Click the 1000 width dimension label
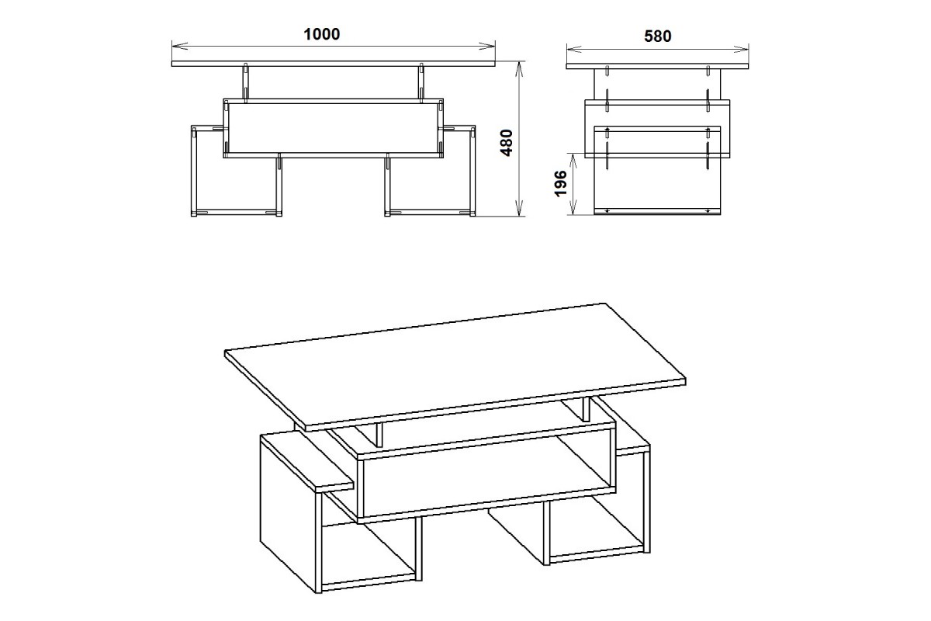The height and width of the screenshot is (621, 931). [322, 34]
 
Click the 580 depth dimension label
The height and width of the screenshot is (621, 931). [658, 36]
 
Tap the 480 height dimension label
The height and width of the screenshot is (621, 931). [507, 143]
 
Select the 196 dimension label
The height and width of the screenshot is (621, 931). [561, 183]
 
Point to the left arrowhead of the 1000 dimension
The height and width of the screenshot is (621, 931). [179, 46]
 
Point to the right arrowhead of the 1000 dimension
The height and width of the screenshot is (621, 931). [487, 46]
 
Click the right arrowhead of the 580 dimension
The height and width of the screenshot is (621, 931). [741, 50]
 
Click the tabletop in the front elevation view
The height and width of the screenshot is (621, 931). [334, 64]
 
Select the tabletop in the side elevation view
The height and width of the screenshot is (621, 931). [657, 67]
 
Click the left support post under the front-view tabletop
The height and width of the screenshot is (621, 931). [246, 83]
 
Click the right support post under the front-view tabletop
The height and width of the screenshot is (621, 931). [421, 83]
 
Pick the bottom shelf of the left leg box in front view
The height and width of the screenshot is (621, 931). [237, 212]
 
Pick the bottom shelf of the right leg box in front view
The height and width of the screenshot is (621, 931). [430, 212]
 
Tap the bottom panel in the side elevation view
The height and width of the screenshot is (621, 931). [657, 211]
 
